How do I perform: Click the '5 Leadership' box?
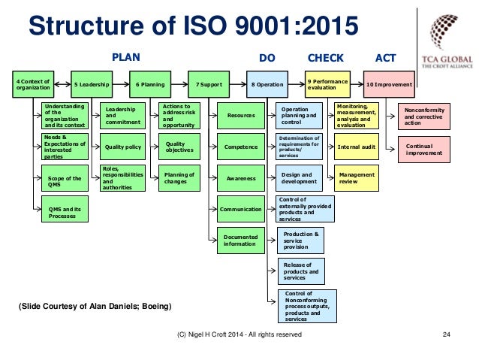(92, 85)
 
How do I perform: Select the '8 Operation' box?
(268, 85)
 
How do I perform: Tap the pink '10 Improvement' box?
(389, 85)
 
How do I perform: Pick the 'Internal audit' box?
(357, 147)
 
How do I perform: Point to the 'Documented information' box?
(240, 240)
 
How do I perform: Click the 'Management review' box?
(357, 177)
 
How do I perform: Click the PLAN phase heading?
(125, 57)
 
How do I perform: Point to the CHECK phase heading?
(326, 57)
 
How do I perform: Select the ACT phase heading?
(385, 57)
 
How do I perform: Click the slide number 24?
(447, 334)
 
